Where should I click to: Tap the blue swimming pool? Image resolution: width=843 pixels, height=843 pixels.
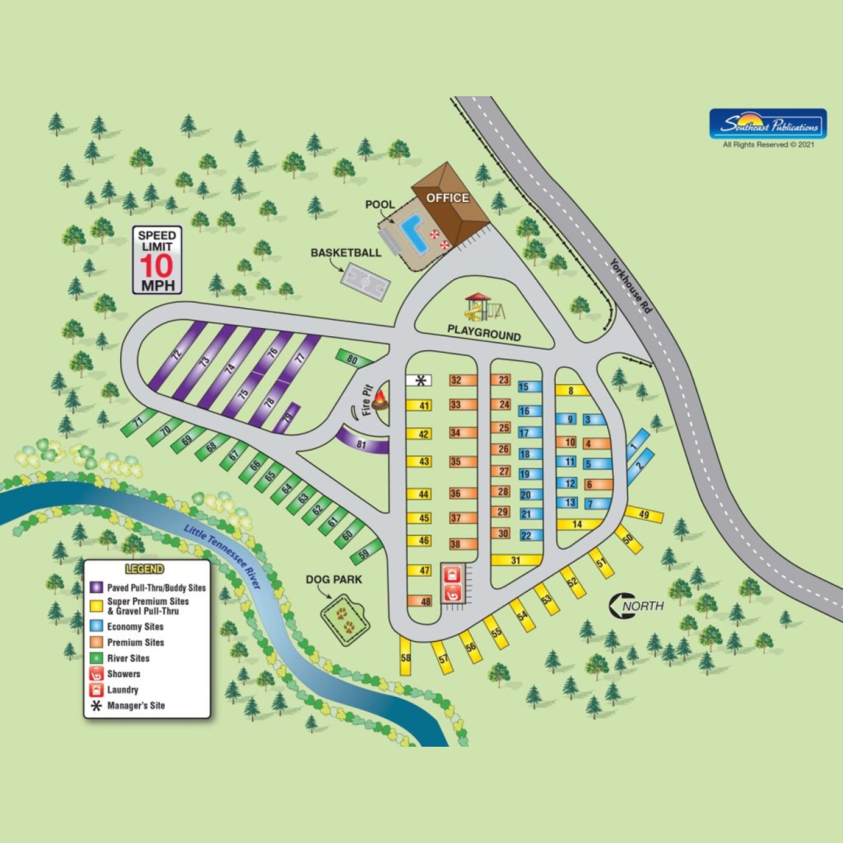(413, 235)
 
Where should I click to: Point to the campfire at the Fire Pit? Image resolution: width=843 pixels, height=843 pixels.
(380, 400)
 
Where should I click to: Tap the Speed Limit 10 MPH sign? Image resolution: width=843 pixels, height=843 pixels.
(157, 260)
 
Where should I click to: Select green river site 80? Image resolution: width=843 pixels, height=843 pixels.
(353, 359)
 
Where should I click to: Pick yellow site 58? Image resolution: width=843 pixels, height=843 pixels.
(406, 657)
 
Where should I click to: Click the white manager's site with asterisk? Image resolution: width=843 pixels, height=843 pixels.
(419, 380)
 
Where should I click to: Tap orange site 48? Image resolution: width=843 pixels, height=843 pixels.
(420, 602)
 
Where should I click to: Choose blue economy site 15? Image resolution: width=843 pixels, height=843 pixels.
(530, 387)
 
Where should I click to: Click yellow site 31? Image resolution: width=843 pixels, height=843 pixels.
(516, 560)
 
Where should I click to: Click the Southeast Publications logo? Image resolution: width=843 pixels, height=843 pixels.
(768, 124)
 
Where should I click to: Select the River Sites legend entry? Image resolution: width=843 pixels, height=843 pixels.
(128, 659)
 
